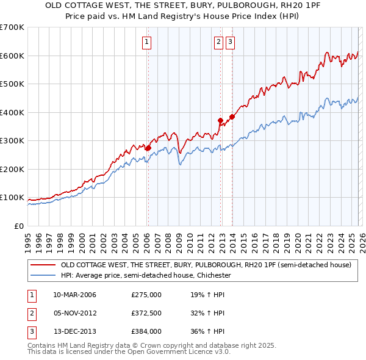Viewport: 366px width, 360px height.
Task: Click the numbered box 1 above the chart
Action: coord(148,42)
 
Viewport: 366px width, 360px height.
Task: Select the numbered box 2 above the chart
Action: coord(218,42)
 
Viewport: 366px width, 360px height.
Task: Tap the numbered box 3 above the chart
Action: coord(231,42)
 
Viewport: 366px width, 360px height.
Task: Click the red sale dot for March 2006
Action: coord(148,148)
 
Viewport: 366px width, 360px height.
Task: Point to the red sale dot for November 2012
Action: coord(220,120)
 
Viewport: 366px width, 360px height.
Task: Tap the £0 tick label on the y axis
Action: coord(18,226)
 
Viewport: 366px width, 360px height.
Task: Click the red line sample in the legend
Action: coord(43,265)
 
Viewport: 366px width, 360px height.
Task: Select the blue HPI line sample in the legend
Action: coord(43,275)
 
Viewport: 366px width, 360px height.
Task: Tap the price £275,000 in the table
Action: coord(146,295)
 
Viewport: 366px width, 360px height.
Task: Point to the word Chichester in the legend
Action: coord(212,275)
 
